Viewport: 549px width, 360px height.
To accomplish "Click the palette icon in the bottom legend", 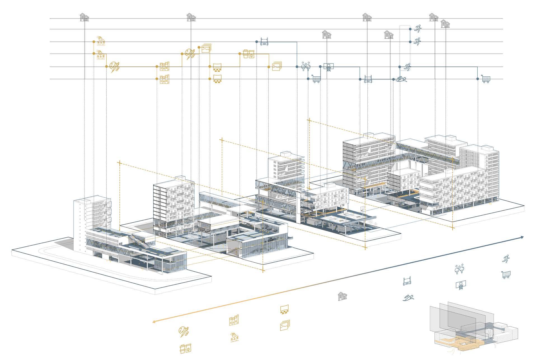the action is pyautogui.click(x=184, y=331).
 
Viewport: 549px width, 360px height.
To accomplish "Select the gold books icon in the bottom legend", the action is pyautogui.click(x=234, y=320).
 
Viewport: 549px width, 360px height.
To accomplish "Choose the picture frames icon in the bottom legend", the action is pyautogui.click(x=285, y=325).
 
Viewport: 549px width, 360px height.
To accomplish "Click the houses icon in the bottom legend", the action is pyautogui.click(x=342, y=296).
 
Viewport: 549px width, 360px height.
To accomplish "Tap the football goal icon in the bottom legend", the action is pyautogui.click(x=407, y=281).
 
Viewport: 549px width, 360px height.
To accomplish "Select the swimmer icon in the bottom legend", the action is pyautogui.click(x=409, y=297).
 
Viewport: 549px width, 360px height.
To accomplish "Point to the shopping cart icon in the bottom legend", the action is pyautogui.click(x=506, y=274).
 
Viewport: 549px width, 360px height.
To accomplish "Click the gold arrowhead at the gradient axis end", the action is pyautogui.click(x=154, y=322).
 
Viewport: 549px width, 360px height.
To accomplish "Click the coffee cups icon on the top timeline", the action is pyautogui.click(x=248, y=54).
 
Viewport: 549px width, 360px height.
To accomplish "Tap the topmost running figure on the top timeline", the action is pyautogui.click(x=417, y=28).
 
